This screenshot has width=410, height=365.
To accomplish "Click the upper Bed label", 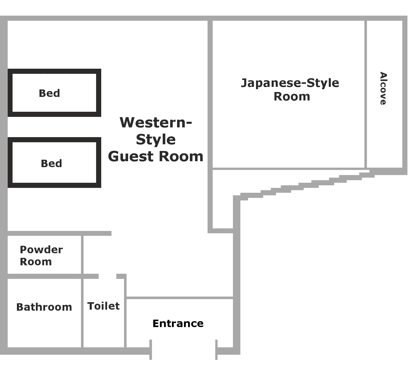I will [49, 93].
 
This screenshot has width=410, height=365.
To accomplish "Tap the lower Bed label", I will [51, 163].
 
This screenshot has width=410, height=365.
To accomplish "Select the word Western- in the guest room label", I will [156, 123].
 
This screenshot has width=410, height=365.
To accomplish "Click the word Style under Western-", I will [156, 139].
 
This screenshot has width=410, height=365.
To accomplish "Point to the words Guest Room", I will [156, 156].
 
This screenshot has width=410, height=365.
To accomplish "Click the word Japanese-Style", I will [290, 83].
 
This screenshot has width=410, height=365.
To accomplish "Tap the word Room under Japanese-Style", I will [292, 97].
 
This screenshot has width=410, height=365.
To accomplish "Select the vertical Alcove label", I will [383, 88].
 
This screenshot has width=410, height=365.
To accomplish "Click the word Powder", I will [41, 249].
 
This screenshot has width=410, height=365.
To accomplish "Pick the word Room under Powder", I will [36, 262].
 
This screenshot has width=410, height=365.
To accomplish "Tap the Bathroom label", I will [44, 307].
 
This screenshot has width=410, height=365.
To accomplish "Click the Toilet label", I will [104, 306].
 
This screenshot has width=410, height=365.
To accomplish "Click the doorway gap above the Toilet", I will [108, 276].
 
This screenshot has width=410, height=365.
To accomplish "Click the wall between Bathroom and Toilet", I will [82, 313].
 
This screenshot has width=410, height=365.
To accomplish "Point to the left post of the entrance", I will [151, 350].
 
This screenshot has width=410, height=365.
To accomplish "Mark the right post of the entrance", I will [217, 350].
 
